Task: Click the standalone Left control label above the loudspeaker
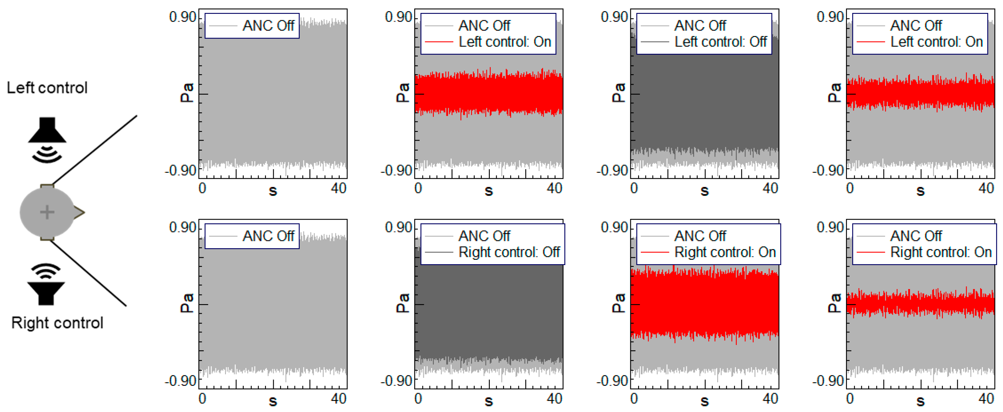[47, 88]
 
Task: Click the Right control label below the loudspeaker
[57, 323]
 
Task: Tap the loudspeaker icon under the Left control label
[47, 130]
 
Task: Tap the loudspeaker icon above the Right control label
[46, 293]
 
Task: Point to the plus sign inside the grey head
[47, 212]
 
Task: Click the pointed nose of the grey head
[80, 212]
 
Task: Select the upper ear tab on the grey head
[47, 186]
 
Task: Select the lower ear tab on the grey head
[47, 237]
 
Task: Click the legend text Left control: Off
[720, 42]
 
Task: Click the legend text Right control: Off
[509, 252]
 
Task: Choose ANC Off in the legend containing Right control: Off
[484, 236]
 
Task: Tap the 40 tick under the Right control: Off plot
[554, 399]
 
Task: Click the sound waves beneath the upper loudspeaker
[47, 154]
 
